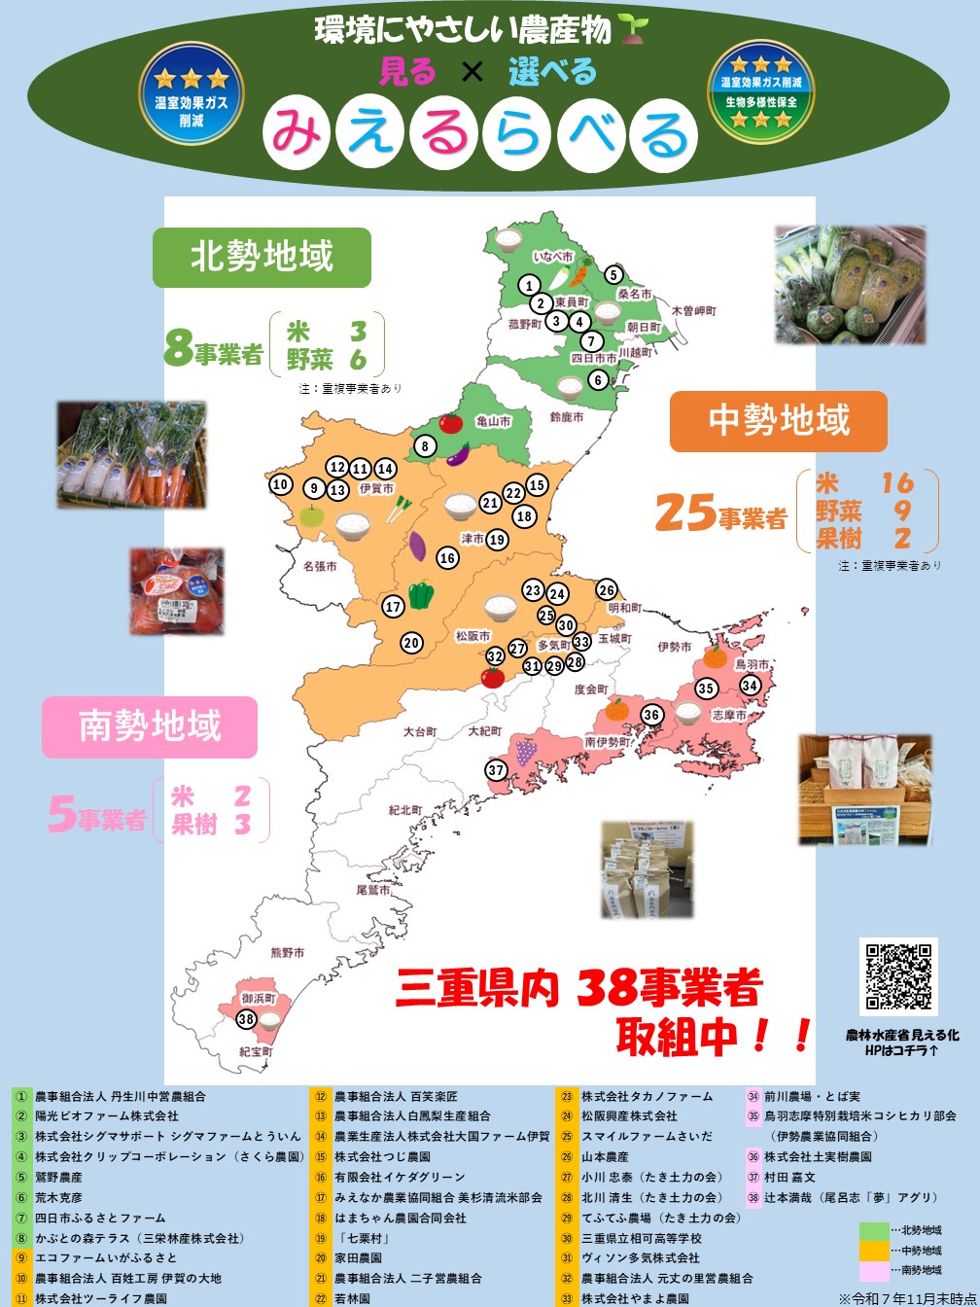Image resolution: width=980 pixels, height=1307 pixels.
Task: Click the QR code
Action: pyautogui.click(x=898, y=976)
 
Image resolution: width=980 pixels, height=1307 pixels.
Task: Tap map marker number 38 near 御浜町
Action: pyautogui.click(x=246, y=1020)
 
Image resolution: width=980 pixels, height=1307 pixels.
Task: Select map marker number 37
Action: pyautogui.click(x=497, y=770)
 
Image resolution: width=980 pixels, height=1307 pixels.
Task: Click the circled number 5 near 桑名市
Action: pyautogui.click(x=613, y=275)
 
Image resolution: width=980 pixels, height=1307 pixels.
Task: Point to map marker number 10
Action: pyautogui.click(x=281, y=484)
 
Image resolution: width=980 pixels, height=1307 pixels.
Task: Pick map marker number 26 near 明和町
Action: pyautogui.click(x=607, y=590)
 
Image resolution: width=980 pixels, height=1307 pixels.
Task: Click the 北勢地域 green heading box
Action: pyautogui.click(x=262, y=257)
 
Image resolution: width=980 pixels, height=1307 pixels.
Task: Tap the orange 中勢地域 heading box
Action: pyautogui.click(x=779, y=420)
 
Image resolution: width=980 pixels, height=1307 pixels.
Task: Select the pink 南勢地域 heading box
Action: pyautogui.click(x=150, y=726)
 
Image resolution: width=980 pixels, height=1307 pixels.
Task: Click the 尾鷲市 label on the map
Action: pyautogui.click(x=373, y=890)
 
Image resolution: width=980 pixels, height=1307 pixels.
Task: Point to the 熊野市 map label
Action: pyautogui.click(x=288, y=953)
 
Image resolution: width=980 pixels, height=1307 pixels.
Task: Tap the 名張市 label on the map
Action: pyautogui.click(x=320, y=566)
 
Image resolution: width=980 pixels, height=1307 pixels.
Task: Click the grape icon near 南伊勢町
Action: pyautogui.click(x=526, y=751)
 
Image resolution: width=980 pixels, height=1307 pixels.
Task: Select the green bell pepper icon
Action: pyautogui.click(x=421, y=593)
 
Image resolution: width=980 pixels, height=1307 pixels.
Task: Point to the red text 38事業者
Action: pyautogui.click(x=669, y=989)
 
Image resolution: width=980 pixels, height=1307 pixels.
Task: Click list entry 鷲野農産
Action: pyautogui.click(x=59, y=1177)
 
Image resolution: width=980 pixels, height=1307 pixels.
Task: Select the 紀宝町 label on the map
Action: pyautogui.click(x=256, y=1052)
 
